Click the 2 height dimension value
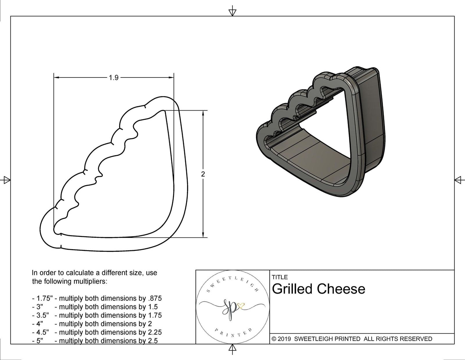(203, 174)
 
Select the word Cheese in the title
(341, 289)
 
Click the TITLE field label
(280, 277)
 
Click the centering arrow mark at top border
(232, 12)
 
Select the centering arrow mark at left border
(6, 180)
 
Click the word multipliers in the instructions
(91, 281)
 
